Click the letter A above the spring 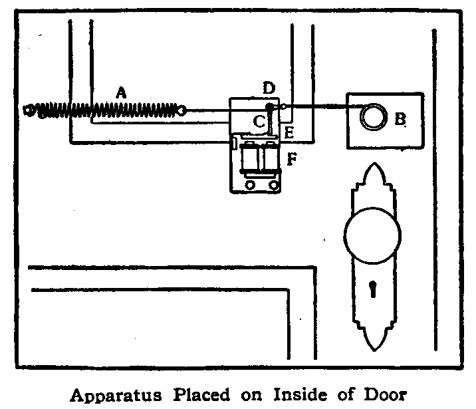tap(120, 93)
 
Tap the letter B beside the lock tap(400, 119)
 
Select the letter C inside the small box tap(259, 122)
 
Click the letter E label tap(289, 132)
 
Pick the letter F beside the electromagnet tap(291, 160)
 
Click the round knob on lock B tap(372, 117)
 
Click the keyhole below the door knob tap(372, 291)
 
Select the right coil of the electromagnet tap(271, 159)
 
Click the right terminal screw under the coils tap(270, 186)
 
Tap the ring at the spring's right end tap(182, 110)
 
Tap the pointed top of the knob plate tap(372, 167)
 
